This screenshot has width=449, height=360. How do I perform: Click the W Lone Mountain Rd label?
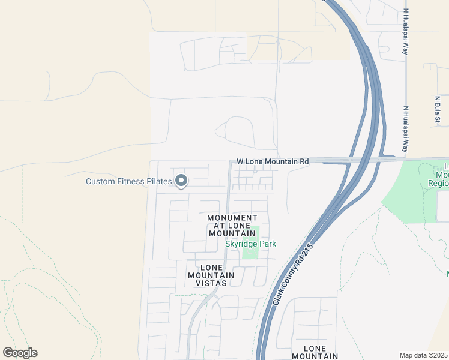click(x=273, y=161)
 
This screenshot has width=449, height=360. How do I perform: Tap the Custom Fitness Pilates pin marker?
click(x=181, y=181)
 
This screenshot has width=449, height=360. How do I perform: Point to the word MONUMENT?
click(x=232, y=218)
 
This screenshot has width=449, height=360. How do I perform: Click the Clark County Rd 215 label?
click(x=293, y=272)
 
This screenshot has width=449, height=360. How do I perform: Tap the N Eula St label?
click(x=438, y=110)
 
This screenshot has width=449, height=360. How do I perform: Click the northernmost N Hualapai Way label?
click(x=406, y=31)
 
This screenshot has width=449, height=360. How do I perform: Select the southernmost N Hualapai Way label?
click(x=406, y=129)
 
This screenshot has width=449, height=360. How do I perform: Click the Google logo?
click(x=20, y=353)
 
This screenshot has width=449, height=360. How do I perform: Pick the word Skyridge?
click(x=240, y=244)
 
